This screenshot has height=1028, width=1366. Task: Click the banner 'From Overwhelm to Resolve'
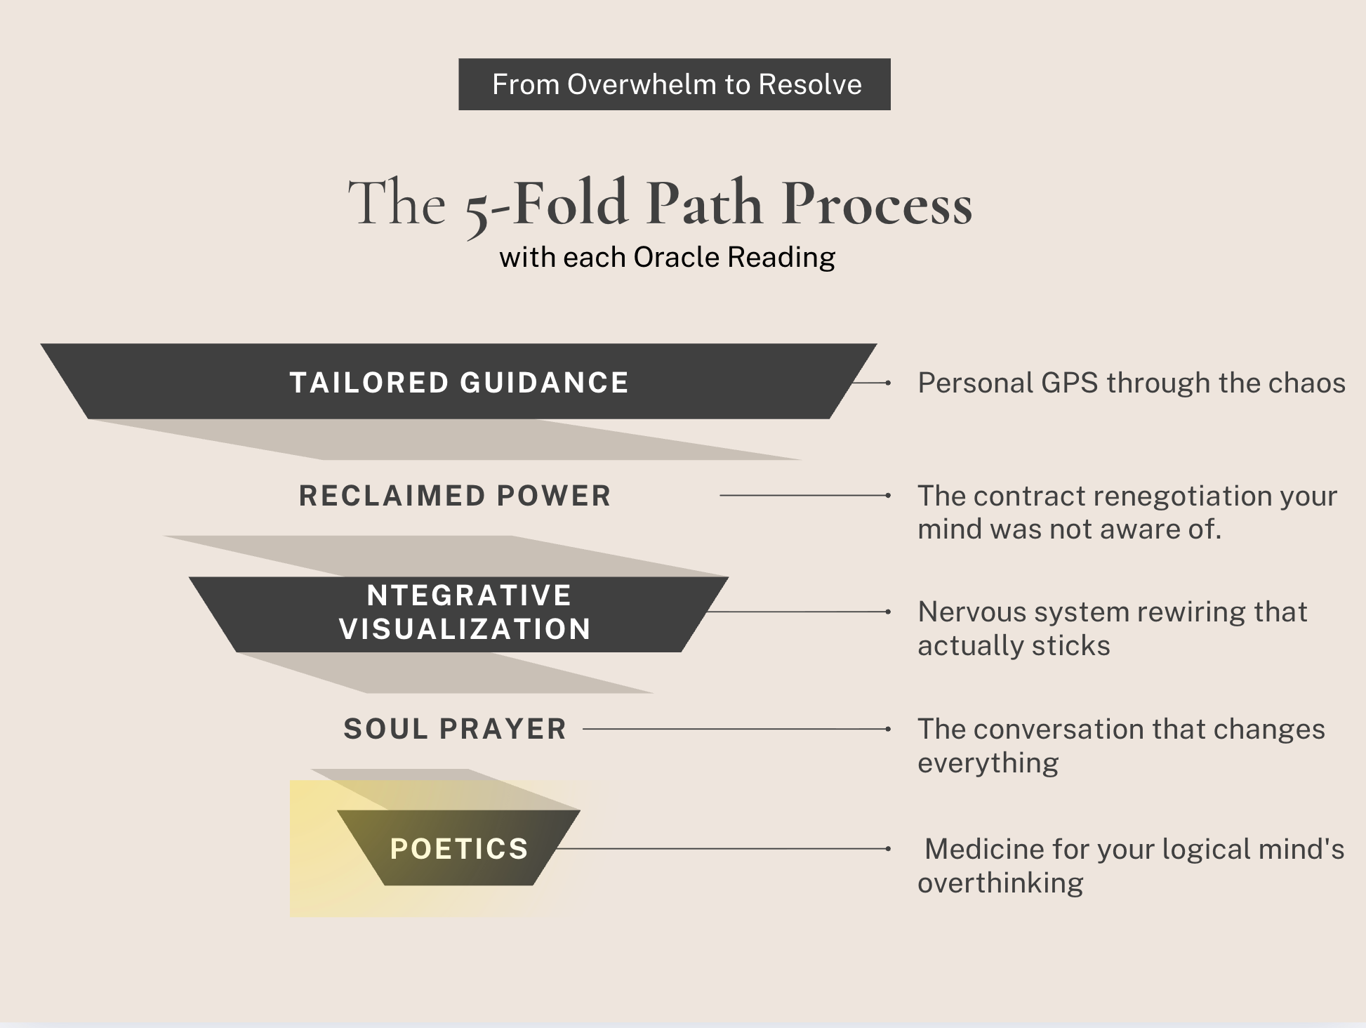pyautogui.click(x=675, y=84)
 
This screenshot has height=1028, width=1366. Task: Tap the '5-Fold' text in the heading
pyautogui.click(x=546, y=205)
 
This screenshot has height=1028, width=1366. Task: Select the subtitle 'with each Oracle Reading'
pyautogui.click(x=667, y=257)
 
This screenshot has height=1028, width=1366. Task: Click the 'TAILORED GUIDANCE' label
pyautogui.click(x=459, y=383)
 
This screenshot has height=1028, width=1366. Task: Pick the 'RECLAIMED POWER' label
pyautogui.click(x=455, y=496)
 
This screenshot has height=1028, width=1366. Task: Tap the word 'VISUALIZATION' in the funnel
pyautogui.click(x=465, y=628)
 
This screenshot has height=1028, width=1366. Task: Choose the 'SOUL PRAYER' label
pyautogui.click(x=455, y=729)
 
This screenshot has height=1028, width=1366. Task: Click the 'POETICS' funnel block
pyautogui.click(x=459, y=848)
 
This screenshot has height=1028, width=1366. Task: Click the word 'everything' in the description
pyautogui.click(x=988, y=763)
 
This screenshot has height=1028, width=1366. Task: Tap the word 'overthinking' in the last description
pyautogui.click(x=1000, y=883)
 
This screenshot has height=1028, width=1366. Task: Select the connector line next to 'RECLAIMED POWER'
pyautogui.click(x=804, y=496)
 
